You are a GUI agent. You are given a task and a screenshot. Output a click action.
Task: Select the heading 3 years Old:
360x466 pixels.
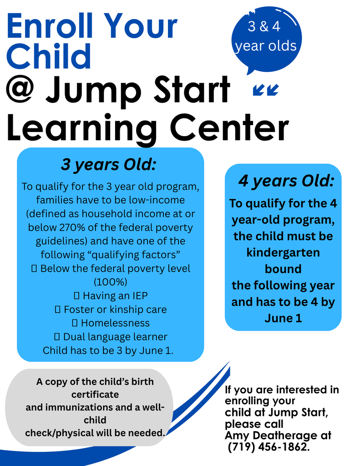[108, 165]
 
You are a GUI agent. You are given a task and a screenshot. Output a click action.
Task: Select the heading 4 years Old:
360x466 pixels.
[286, 181]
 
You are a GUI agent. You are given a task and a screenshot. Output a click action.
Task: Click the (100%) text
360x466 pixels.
[110, 281]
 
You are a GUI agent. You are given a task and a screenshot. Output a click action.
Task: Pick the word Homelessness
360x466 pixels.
[115, 323]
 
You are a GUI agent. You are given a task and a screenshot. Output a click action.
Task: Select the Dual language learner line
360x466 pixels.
[115, 337]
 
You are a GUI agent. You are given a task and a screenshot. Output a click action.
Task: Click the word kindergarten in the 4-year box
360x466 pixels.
[283, 252]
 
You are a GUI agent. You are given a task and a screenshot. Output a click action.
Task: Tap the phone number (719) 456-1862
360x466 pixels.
[268, 447]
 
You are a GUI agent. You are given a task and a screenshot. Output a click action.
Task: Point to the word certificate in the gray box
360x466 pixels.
[95, 394]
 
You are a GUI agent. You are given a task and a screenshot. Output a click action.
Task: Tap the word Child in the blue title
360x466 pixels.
[49, 56]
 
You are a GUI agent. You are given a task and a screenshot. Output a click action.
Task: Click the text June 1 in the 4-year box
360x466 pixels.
[283, 318]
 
